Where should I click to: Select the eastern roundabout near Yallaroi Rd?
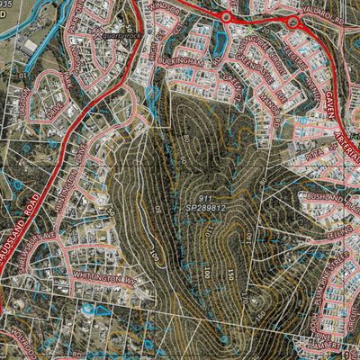coord(292,20)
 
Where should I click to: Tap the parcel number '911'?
coord(207,196)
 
